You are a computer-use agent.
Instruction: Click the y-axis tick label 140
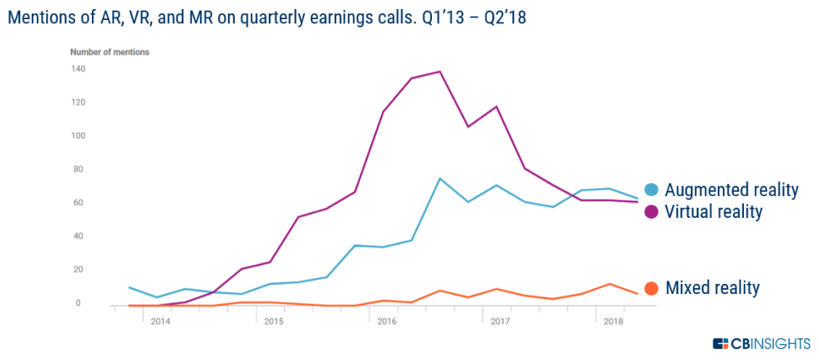(78, 68)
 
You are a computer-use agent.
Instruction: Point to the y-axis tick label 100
(78, 135)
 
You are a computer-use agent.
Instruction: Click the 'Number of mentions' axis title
(109, 52)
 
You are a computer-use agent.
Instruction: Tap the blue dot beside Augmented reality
(652, 190)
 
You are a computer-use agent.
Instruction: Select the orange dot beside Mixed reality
(652, 288)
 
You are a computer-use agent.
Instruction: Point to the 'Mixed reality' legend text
(712, 288)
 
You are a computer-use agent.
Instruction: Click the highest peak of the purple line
(440, 72)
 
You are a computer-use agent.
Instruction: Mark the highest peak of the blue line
(440, 179)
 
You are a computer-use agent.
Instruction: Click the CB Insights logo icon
(720, 343)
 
